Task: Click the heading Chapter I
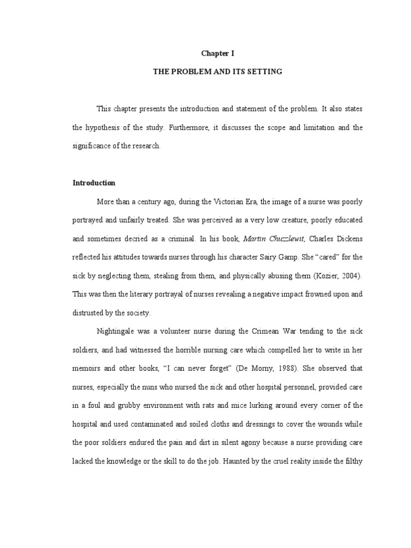point(217,54)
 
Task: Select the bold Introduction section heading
point(94,182)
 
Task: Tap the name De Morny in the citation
point(247,369)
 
